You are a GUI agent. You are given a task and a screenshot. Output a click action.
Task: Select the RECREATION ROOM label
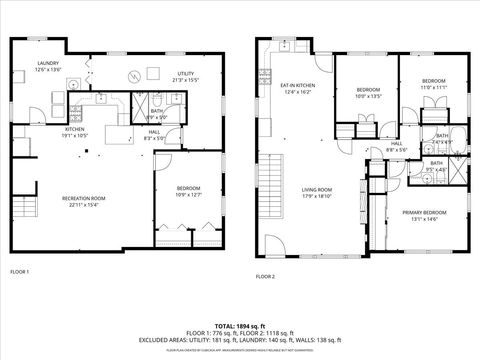coord(84,198)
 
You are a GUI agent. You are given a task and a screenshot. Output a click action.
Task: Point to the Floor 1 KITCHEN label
coord(75,129)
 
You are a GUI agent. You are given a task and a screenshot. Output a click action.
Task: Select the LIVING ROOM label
coord(317,189)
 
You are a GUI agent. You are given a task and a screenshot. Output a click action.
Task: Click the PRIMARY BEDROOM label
coord(424,213)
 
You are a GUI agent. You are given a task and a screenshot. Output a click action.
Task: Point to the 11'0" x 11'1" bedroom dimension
coord(432,87)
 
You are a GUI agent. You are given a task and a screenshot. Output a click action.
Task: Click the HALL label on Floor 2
coord(396,143)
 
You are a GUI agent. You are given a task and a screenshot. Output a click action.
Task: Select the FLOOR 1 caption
coord(19,272)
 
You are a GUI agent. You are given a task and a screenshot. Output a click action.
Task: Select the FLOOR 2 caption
coord(265,276)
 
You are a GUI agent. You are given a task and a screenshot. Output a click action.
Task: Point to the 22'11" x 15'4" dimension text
coord(84,205)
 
